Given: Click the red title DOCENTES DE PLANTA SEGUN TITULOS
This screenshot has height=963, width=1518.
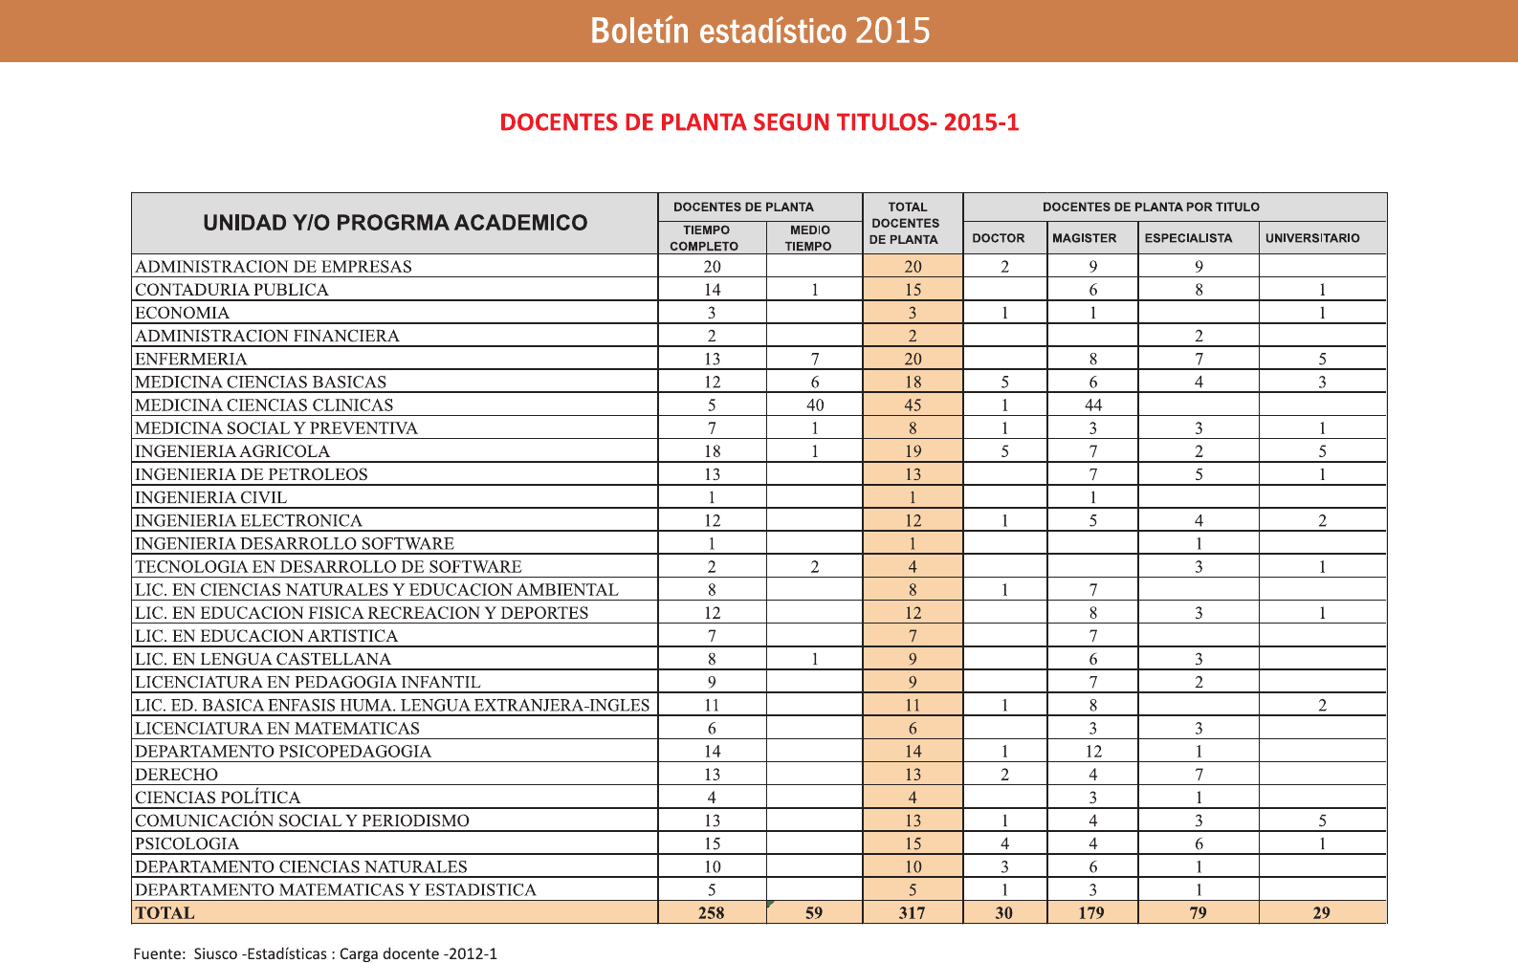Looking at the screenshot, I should (x=759, y=122).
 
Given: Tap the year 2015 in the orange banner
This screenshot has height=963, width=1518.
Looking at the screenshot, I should (x=892, y=31).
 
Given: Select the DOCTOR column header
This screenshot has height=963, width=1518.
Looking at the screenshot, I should (x=998, y=238).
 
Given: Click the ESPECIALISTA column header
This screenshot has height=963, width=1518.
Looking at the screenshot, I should (x=1188, y=238).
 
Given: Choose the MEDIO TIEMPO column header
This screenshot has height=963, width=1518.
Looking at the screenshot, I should (x=809, y=238).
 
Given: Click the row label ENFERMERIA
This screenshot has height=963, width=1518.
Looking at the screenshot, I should (x=191, y=359).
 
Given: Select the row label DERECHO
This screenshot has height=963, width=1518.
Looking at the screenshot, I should (x=177, y=775).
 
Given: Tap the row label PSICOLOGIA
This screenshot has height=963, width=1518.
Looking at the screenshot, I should (x=187, y=843).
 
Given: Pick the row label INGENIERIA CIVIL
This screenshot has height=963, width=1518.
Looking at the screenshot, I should (x=211, y=497).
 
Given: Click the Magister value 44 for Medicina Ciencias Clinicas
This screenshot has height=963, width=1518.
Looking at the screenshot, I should (x=1093, y=405).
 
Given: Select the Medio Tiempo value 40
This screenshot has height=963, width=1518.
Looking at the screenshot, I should (x=815, y=405).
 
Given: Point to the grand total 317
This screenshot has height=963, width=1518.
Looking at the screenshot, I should (x=912, y=913).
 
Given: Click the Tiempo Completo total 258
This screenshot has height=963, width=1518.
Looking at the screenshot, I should (x=711, y=913).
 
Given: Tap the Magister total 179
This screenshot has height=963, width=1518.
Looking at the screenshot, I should (x=1091, y=913).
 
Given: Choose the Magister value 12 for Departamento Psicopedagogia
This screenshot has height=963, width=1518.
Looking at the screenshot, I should (x=1093, y=752).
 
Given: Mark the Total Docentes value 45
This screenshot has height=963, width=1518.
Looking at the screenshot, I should (x=913, y=405).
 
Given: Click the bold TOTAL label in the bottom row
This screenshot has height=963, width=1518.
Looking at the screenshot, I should (x=165, y=913).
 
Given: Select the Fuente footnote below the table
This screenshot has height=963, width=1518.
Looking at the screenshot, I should (x=315, y=953).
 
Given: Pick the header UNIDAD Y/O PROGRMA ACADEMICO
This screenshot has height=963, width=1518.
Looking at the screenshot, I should (x=395, y=223).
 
